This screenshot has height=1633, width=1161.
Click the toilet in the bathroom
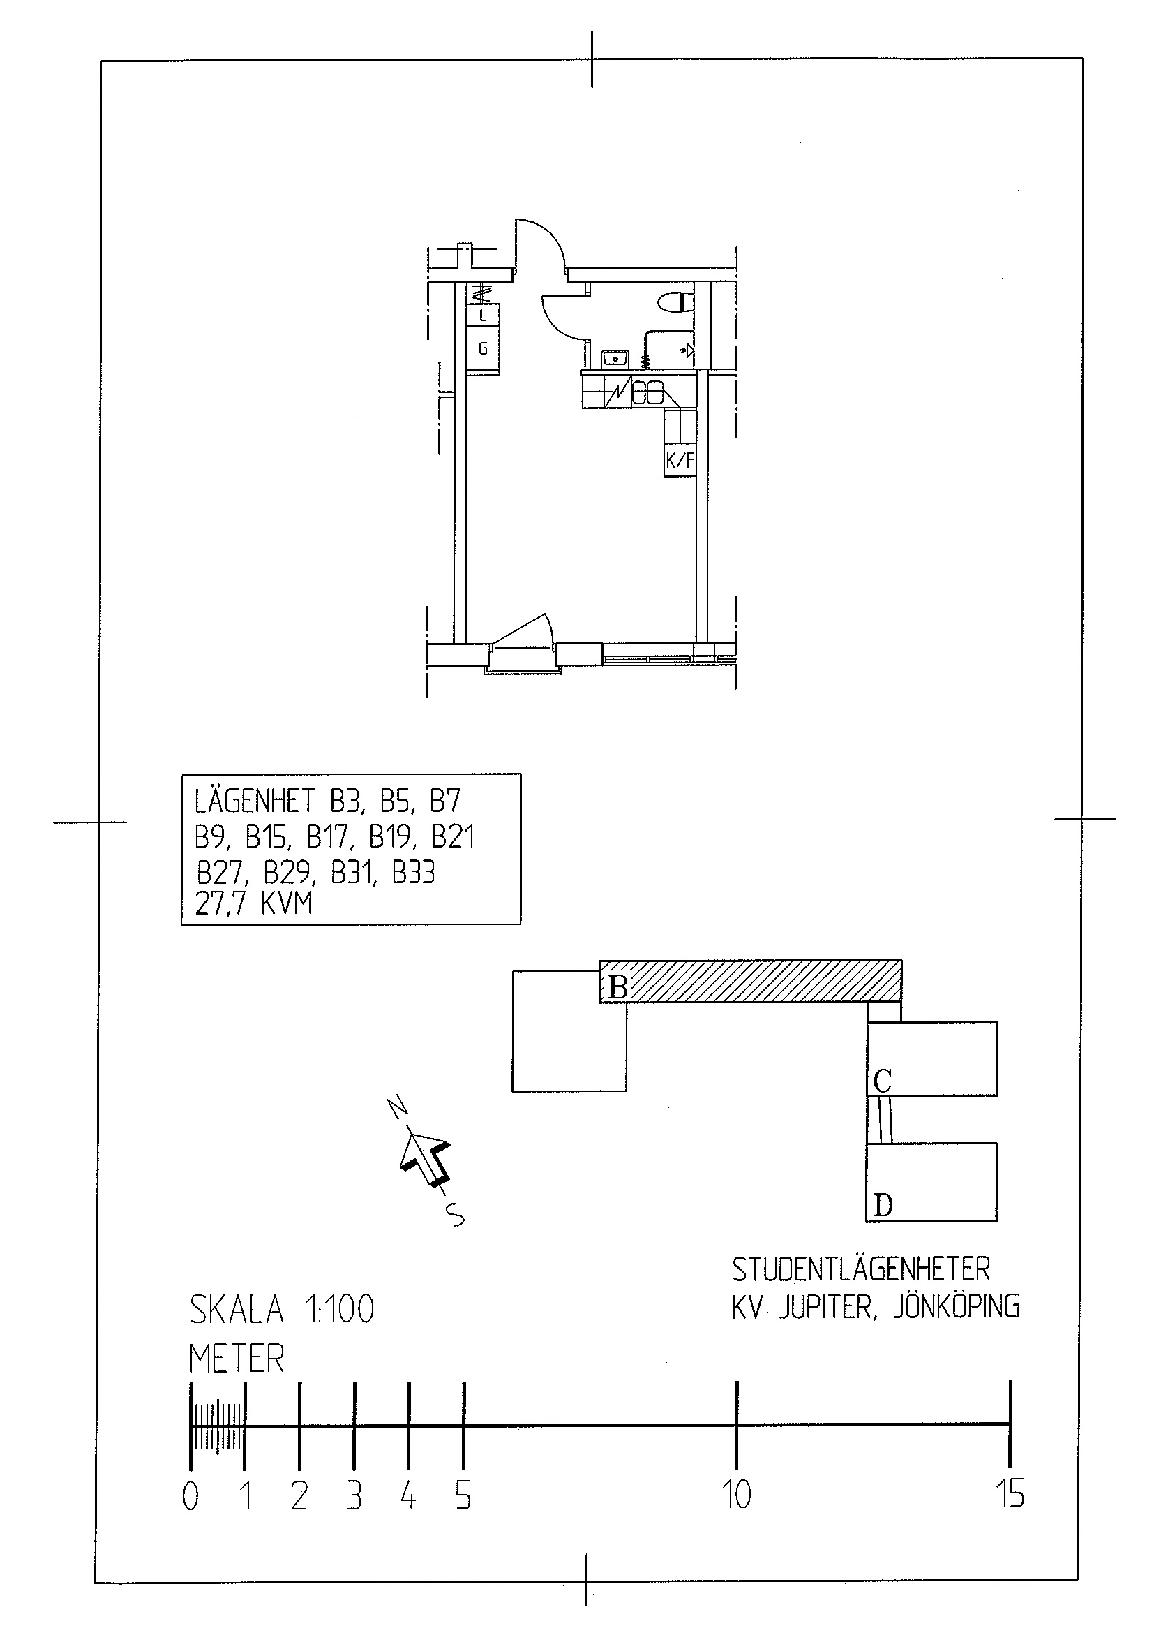tap(675, 302)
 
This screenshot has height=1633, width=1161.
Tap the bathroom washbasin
tap(614, 357)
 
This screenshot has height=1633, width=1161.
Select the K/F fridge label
tap(680, 461)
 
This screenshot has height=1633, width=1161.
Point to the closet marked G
tap(484, 349)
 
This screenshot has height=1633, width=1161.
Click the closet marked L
tap(484, 316)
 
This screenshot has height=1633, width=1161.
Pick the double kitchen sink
tap(647, 392)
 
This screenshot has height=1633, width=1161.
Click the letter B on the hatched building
tap(617, 988)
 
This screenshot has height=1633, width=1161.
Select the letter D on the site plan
tap(883, 1206)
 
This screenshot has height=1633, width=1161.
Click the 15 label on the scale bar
tap(1010, 1493)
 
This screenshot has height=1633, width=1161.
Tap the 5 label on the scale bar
tap(463, 1495)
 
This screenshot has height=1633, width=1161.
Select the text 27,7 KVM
tap(254, 903)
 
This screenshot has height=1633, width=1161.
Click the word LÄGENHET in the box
tap(255, 800)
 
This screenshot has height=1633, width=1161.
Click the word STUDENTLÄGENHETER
tap(861, 1269)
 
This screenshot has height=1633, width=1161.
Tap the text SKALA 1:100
tap(282, 1310)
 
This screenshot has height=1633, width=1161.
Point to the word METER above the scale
tap(237, 1359)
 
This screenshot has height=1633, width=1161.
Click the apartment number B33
tap(414, 872)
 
